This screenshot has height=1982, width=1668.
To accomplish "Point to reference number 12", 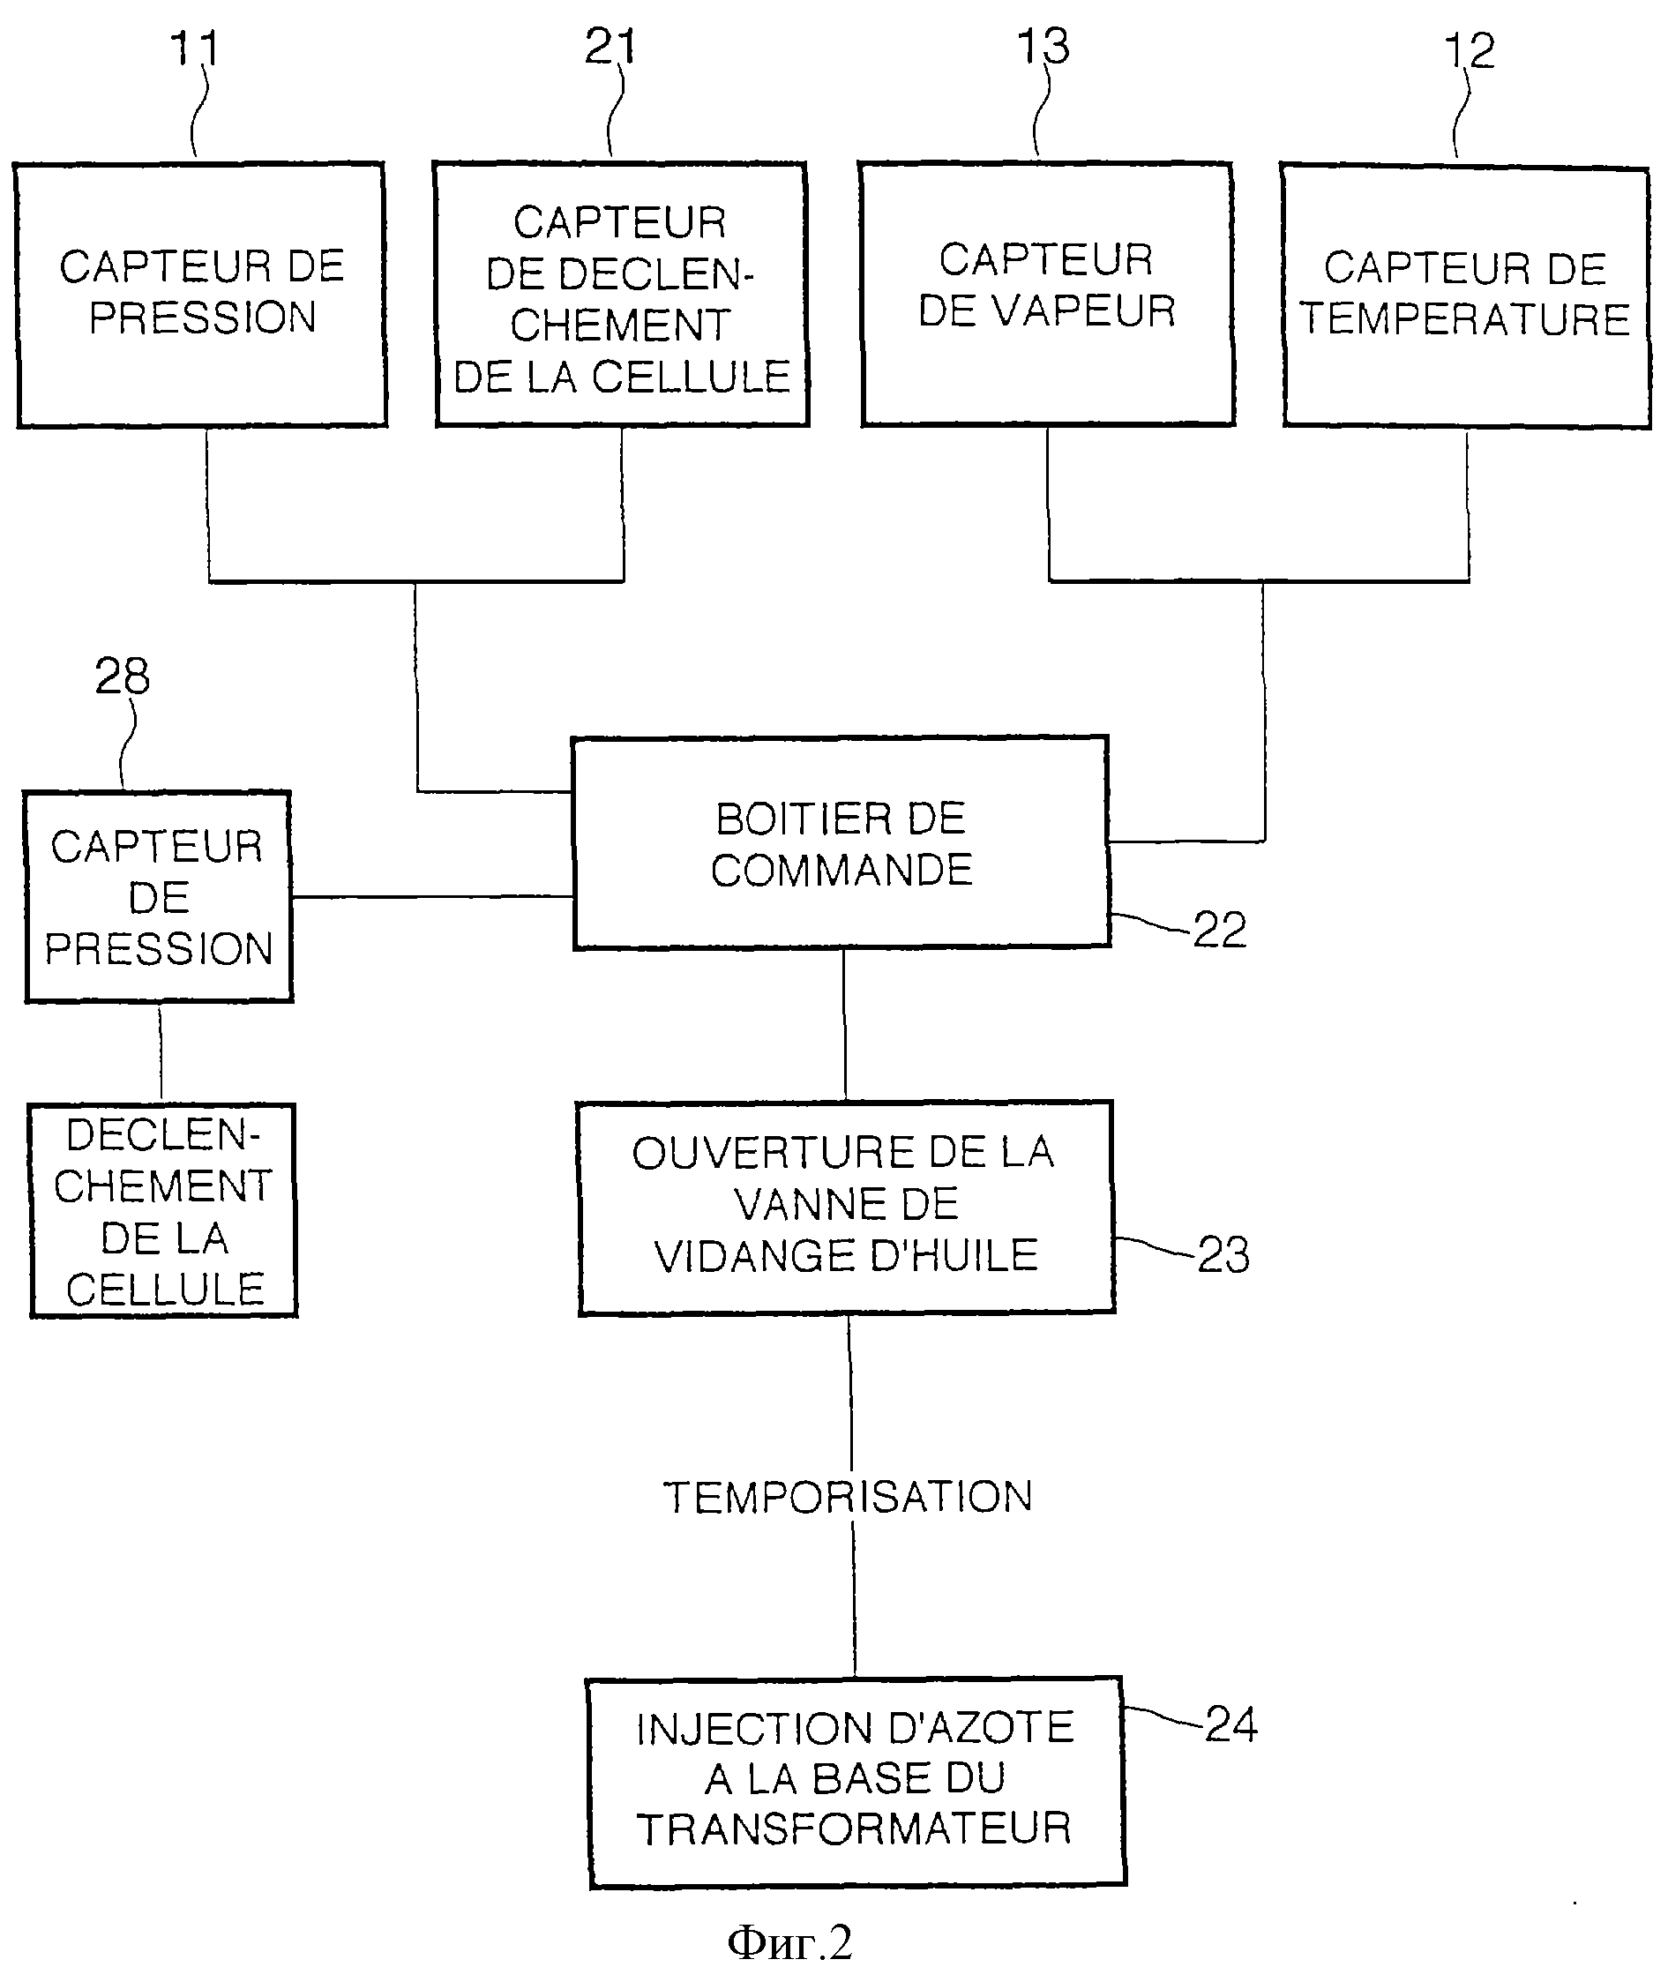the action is (x=1470, y=50).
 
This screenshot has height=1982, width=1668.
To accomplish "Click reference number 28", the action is (x=122, y=677).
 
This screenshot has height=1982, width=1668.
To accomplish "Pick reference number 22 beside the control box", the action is (x=1220, y=930).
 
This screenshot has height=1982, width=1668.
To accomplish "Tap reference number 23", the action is (x=1223, y=1255).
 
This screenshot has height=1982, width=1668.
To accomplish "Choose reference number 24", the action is (x=1231, y=1724).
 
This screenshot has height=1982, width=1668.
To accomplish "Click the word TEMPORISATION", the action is (x=848, y=1498).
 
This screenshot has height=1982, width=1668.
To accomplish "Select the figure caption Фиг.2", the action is (x=789, y=1942).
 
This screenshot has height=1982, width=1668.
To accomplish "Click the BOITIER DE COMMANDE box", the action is (x=841, y=842).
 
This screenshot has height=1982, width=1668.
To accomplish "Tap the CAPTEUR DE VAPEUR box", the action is (x=1048, y=294).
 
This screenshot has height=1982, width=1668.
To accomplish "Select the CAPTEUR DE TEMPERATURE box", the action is (x=1467, y=296).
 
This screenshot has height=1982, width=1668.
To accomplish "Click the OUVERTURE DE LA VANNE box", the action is (x=846, y=1208).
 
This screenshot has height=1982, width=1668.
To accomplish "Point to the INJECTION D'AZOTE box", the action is (x=856, y=1782).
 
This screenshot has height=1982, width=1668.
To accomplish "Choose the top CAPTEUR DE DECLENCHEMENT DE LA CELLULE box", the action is (x=621, y=294).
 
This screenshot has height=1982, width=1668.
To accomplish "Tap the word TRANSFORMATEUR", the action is (x=854, y=1829).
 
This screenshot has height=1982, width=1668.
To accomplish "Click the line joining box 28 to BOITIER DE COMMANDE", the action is (x=432, y=896).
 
